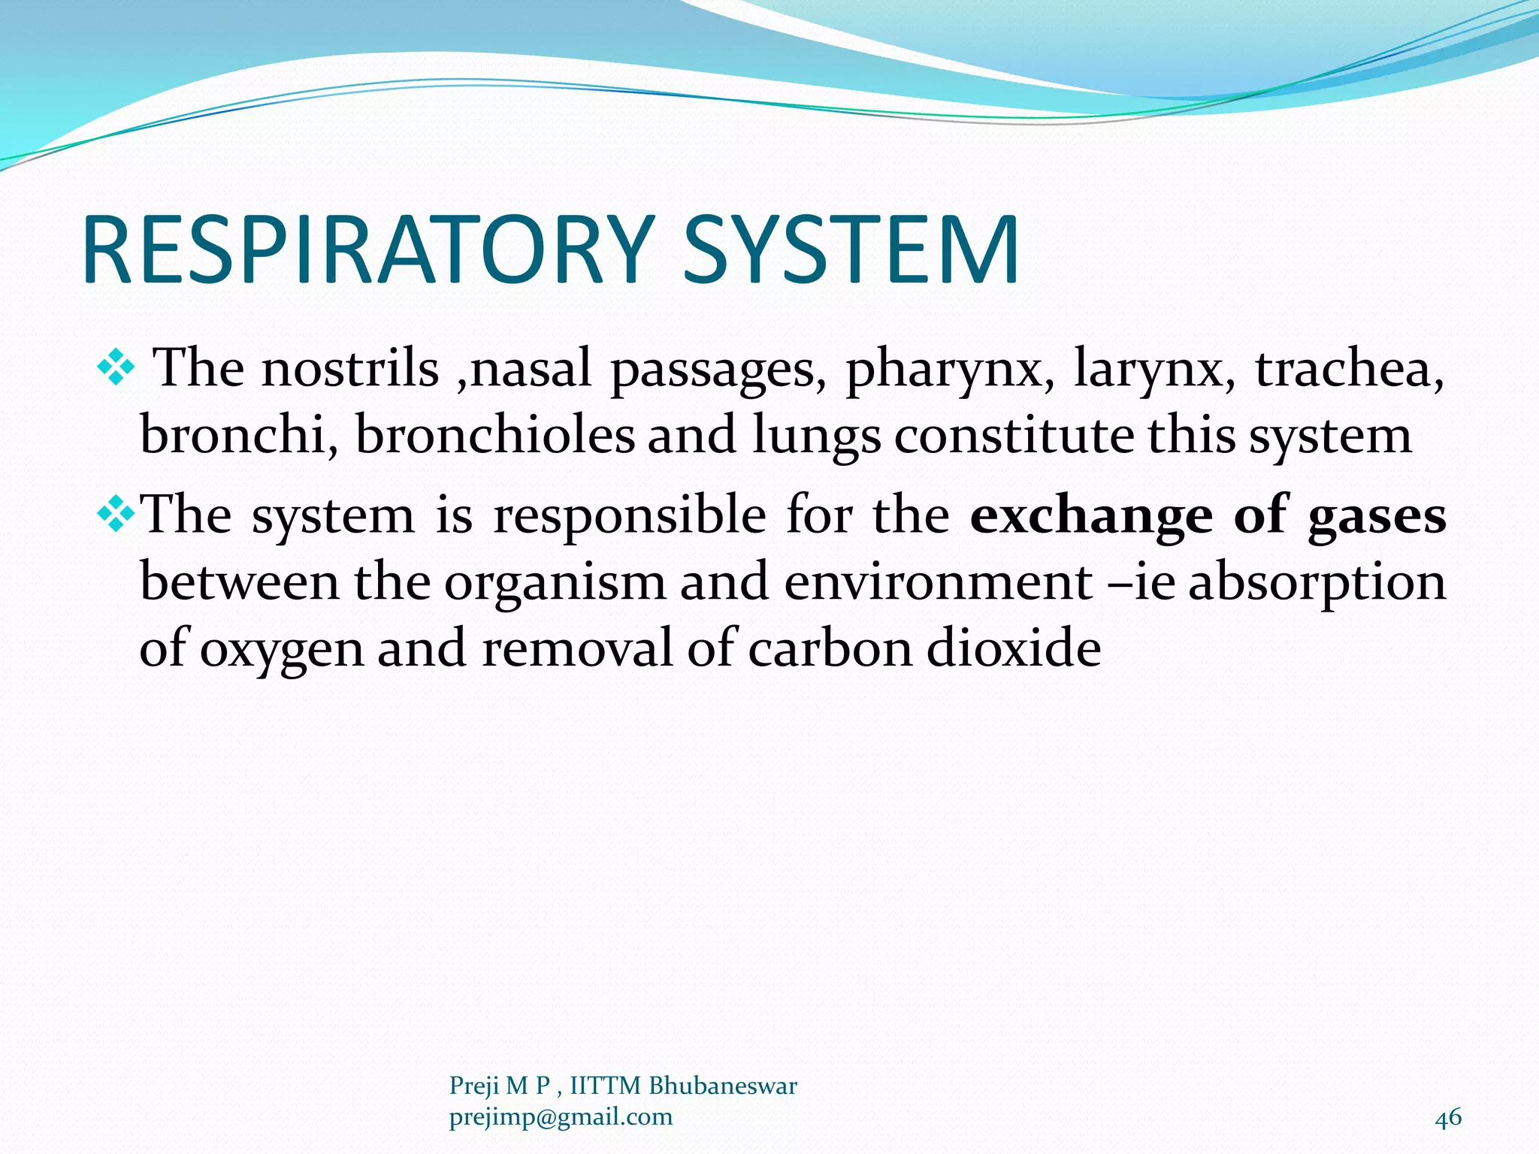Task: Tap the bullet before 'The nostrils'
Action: pyautogui.click(x=116, y=369)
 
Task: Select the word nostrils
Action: pyautogui.click(x=349, y=369)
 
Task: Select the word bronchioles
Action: pyautogui.click(x=495, y=435)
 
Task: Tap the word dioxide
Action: pyautogui.click(x=1014, y=648)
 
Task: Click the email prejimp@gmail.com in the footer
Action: pyautogui.click(x=561, y=1117)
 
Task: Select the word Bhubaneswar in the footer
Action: pyautogui.click(x=722, y=1086)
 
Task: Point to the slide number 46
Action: pyautogui.click(x=1448, y=1117)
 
